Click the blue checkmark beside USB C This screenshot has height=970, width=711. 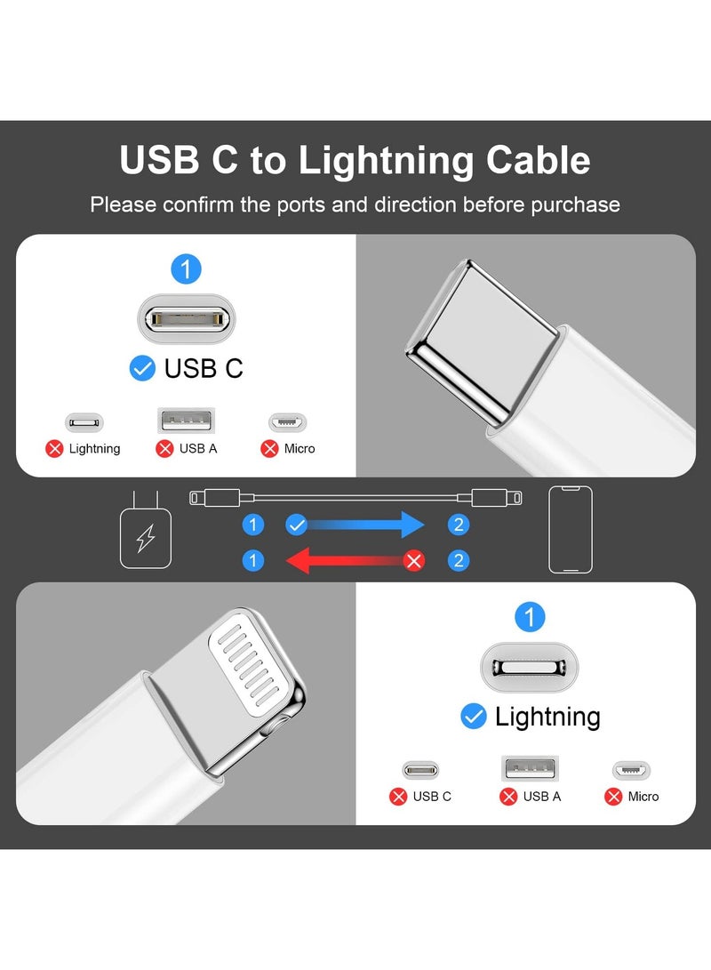point(142,368)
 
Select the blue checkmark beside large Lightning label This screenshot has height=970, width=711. point(474,716)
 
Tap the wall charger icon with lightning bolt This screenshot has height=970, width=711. point(145,538)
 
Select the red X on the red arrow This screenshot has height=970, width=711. point(413,561)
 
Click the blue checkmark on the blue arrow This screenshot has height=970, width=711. point(297,525)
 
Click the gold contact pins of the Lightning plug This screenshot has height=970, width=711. point(252,662)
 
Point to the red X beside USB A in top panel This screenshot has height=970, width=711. point(164,449)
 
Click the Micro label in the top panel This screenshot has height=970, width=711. point(300,449)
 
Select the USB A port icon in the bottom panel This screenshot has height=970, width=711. point(531,769)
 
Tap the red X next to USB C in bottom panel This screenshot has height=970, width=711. point(398,797)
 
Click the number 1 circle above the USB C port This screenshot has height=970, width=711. point(186,269)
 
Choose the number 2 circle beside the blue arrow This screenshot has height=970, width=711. point(459,525)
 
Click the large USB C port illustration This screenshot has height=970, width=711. point(186,318)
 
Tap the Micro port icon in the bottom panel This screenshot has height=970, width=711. point(631,770)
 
